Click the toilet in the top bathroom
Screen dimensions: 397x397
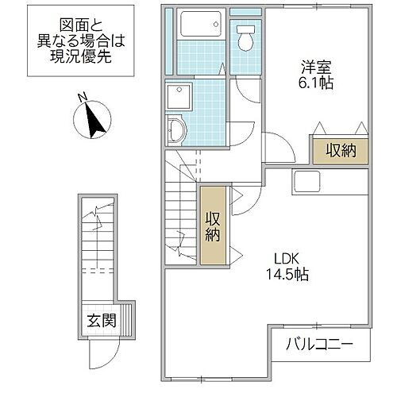coord(245,35)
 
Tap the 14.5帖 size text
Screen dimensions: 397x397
coord(287,275)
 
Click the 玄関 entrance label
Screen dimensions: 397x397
coord(102,322)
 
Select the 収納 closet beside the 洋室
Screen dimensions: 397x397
coord(339,149)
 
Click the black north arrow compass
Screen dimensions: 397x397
coord(94,120)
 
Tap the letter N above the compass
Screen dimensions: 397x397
coord(81,98)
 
